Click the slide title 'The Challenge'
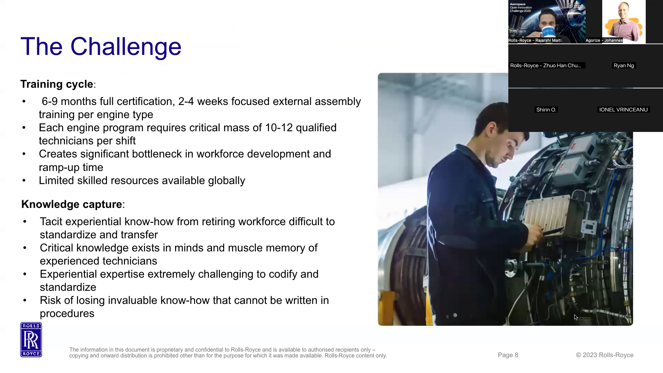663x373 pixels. pyautogui.click(x=101, y=47)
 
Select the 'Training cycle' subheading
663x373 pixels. pyautogui.click(x=57, y=84)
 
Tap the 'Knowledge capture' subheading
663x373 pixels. pyautogui.click(x=72, y=204)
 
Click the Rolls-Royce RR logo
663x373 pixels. pyautogui.click(x=31, y=340)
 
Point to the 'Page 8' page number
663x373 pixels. pyautogui.click(x=508, y=355)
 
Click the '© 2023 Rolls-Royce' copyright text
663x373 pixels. pyautogui.click(x=605, y=355)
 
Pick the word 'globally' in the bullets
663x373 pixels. pyautogui.click(x=227, y=181)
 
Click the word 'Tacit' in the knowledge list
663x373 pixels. pyautogui.click(x=51, y=222)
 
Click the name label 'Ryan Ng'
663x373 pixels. pyautogui.click(x=624, y=66)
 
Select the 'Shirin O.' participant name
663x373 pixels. pyautogui.click(x=546, y=110)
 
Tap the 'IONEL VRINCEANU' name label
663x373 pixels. pyautogui.click(x=623, y=110)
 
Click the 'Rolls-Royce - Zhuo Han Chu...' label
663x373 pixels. pyautogui.click(x=546, y=66)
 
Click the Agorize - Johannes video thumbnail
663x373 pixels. pyautogui.click(x=624, y=21)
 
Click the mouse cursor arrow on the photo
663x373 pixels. pyautogui.click(x=576, y=317)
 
